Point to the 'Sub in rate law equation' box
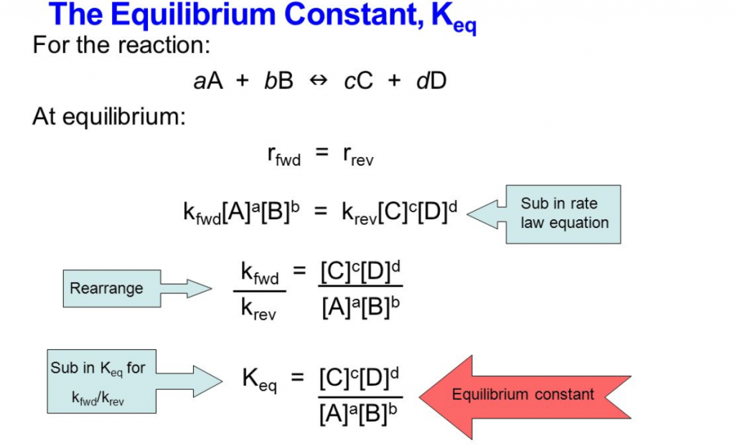click(x=564, y=213)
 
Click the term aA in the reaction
click(x=209, y=81)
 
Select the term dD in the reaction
click(x=431, y=81)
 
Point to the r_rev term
click(x=357, y=155)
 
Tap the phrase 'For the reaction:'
click(x=121, y=45)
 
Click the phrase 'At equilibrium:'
click(x=109, y=116)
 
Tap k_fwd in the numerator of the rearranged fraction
click(x=259, y=275)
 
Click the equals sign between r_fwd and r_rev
click(x=322, y=153)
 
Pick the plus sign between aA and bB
click(x=243, y=81)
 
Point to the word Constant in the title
click(x=359, y=16)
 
